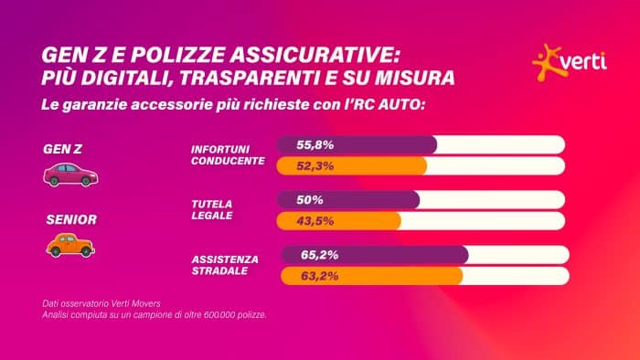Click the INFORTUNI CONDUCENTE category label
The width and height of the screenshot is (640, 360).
click(228, 154)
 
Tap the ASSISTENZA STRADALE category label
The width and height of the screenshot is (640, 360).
click(225, 265)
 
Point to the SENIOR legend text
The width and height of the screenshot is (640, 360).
click(67, 219)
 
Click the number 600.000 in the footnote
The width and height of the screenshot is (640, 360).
click(208, 316)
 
